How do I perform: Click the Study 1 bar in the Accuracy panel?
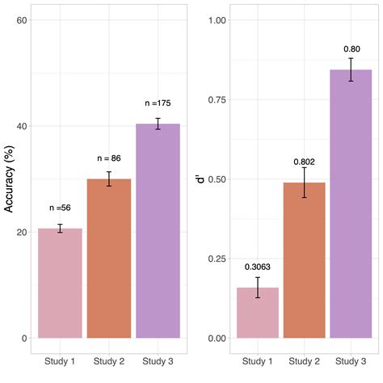click(60, 283)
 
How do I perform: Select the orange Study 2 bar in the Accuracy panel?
click(109, 259)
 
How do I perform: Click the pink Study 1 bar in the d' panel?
click(258, 313)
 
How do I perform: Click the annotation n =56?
click(60, 208)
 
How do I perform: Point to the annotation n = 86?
click(109, 158)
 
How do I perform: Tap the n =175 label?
click(158, 103)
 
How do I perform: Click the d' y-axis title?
click(200, 179)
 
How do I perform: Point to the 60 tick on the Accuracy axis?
click(23, 20)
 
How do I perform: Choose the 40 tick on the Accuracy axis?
click(23, 126)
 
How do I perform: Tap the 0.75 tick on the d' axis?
click(215, 99)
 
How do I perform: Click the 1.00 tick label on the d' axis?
click(215, 20)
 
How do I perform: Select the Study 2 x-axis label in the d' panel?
click(304, 360)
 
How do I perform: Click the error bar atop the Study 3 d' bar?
click(351, 69)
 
